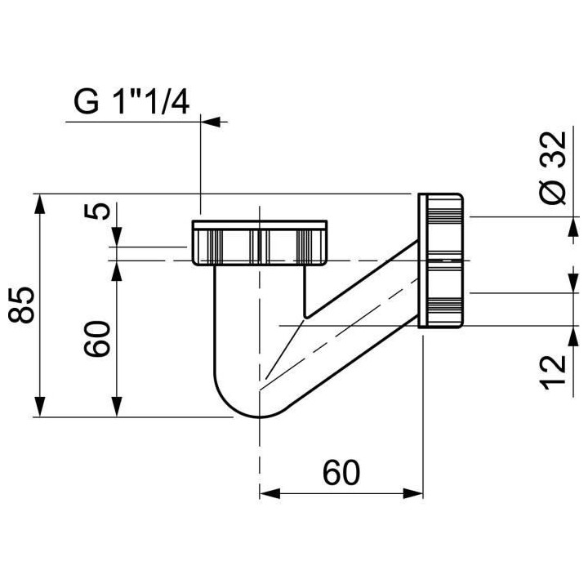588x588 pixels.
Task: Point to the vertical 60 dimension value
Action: (98, 336)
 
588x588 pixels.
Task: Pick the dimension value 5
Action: (98, 210)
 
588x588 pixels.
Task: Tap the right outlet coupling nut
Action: (443, 260)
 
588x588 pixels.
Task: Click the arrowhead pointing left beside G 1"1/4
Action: (211, 122)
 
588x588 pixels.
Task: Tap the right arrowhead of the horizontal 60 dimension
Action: (415, 493)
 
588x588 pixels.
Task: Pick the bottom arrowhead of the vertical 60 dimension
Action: (117, 408)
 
